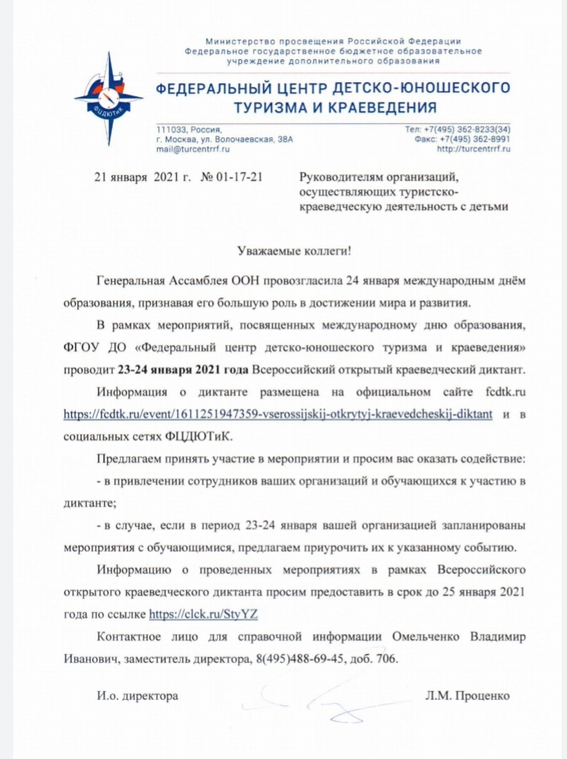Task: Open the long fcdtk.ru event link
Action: point(279,414)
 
